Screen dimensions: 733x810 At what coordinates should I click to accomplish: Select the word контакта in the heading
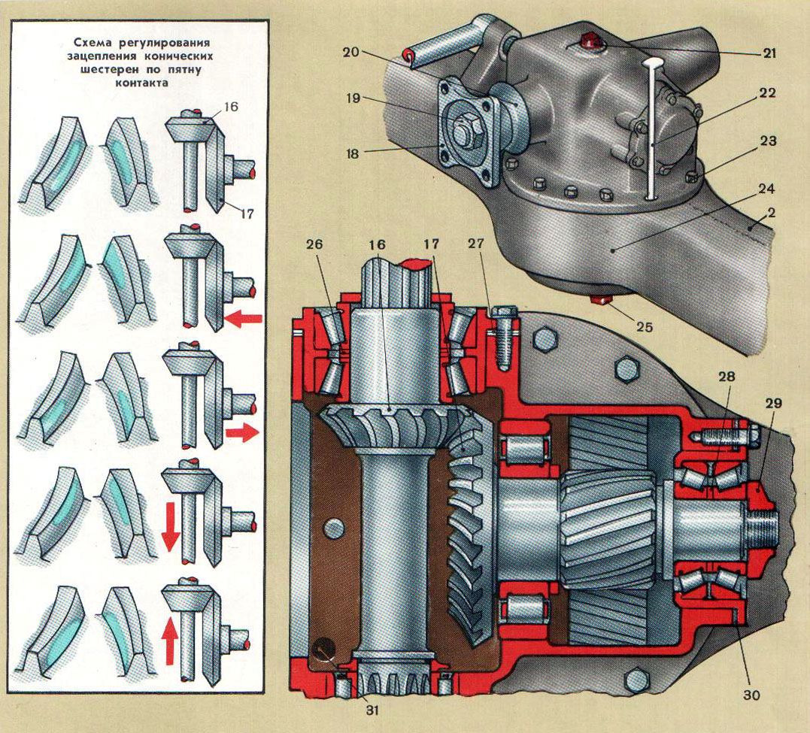141,83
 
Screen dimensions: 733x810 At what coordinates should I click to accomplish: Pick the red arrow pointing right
241,433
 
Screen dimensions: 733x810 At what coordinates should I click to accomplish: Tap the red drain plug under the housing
602,301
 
